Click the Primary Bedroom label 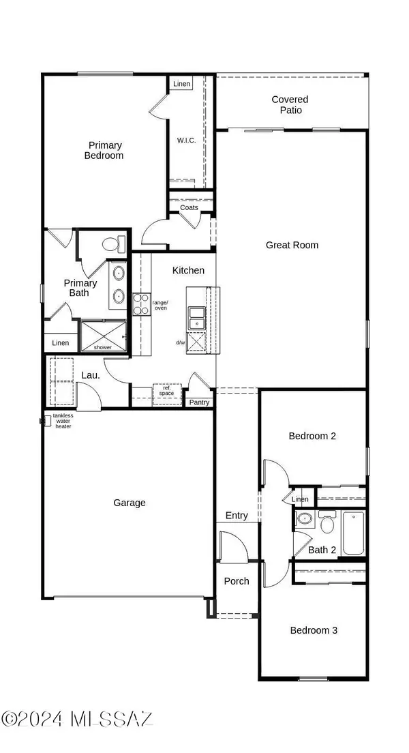pyautogui.click(x=104, y=150)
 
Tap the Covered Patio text pyautogui.click(x=290, y=104)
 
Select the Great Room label pyautogui.click(x=292, y=245)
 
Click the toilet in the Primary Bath pyautogui.click(x=112, y=243)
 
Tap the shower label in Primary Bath pyautogui.click(x=103, y=347)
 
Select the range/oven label pyautogui.click(x=160, y=306)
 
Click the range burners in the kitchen pyautogui.click(x=141, y=304)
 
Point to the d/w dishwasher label pyautogui.click(x=181, y=342)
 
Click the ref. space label pyautogui.click(x=167, y=392)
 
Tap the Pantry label pyautogui.click(x=199, y=402)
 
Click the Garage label pyautogui.click(x=130, y=503)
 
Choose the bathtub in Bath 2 pyautogui.click(x=354, y=534)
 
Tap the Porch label pyautogui.click(x=237, y=581)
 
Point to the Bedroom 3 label pyautogui.click(x=314, y=630)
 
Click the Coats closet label pyautogui.click(x=190, y=207)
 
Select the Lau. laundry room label pyautogui.click(x=91, y=374)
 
